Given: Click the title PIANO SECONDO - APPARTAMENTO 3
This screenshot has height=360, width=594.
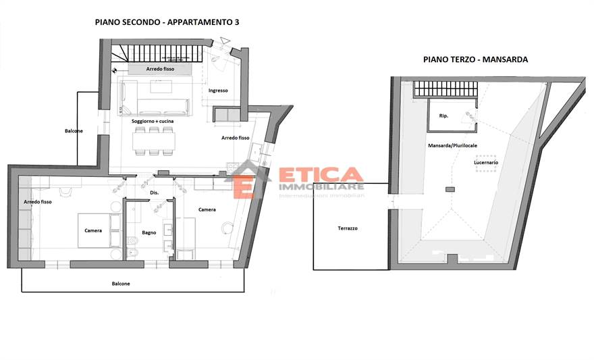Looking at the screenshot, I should tap(167, 22).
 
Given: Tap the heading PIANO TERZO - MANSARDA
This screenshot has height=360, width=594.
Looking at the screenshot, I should tap(475, 59).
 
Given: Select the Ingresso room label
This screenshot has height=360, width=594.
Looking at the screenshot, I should tap(218, 91).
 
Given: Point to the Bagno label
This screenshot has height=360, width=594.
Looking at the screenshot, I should tap(149, 232).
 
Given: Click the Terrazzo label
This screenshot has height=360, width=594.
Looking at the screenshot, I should tap(348, 228).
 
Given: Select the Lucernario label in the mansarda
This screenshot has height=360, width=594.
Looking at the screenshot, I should tap(486, 163).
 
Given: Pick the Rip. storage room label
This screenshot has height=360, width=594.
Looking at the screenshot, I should tap(443, 115).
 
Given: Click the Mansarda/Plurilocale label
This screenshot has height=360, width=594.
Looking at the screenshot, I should tap(452, 146).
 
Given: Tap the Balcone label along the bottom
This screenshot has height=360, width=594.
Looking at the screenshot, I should tap(121, 284).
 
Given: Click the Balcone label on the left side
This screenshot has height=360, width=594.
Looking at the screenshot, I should tap(74, 130).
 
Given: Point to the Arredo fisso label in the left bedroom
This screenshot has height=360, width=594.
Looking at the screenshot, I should tap(38, 202).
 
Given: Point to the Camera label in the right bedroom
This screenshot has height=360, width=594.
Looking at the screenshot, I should tap(207, 209).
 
